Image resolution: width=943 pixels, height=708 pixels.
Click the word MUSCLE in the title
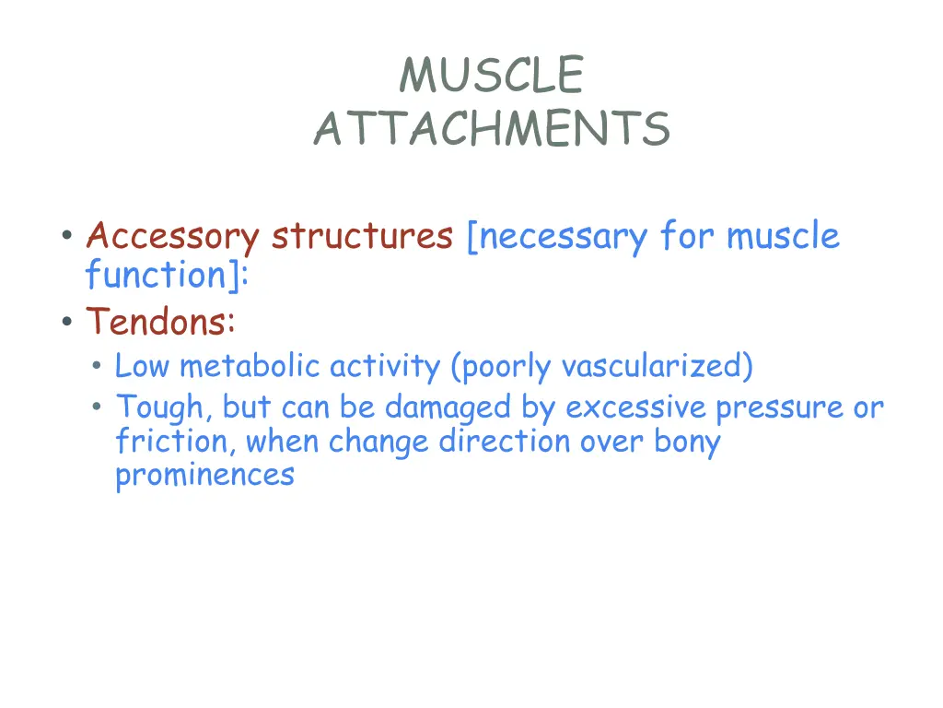tap(491, 76)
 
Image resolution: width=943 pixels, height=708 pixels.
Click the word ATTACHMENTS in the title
tap(491, 129)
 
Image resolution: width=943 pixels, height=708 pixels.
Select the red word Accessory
tap(172, 237)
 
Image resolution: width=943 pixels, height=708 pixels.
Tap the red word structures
tap(361, 237)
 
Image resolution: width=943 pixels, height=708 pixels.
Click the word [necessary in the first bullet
tap(558, 237)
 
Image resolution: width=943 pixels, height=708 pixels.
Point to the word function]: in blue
tap(167, 276)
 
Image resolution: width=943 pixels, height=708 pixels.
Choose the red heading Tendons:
tap(161, 322)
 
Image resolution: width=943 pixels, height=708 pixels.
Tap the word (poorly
tap(502, 367)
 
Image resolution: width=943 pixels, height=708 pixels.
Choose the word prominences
tap(204, 476)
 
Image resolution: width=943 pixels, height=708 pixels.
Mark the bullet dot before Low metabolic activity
tap(98, 368)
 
